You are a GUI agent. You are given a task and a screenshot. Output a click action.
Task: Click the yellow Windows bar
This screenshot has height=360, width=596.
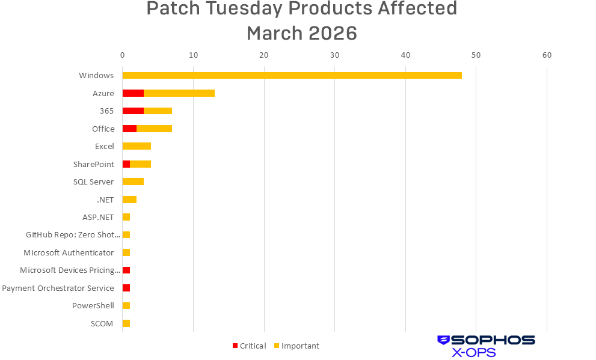click(x=292, y=75)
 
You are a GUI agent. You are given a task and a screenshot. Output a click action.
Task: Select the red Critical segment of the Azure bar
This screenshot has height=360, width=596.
click(x=133, y=93)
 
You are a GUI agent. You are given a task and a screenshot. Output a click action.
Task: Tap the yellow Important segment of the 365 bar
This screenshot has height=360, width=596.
click(x=158, y=111)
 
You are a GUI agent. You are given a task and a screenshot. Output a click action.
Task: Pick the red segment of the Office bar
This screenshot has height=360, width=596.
click(x=129, y=129)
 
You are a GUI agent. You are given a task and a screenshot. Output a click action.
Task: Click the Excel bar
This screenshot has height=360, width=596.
click(x=137, y=146)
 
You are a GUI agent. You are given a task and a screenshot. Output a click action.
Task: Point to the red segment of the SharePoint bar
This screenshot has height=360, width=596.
click(x=126, y=164)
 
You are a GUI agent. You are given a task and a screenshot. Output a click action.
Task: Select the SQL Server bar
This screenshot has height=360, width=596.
click(x=133, y=182)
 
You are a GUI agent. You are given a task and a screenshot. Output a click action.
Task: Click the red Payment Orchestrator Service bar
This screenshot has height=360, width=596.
click(x=126, y=288)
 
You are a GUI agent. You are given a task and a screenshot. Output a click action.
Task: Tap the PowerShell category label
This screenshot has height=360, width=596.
click(x=93, y=306)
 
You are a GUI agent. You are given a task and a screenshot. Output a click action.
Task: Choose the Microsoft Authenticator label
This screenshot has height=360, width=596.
click(x=69, y=252)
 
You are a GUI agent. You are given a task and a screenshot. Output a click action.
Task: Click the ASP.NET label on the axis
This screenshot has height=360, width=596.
click(x=98, y=217)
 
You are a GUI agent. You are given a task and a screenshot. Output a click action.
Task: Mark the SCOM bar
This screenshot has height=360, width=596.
click(x=126, y=323)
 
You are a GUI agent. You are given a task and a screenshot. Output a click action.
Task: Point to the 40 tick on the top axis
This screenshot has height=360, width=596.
click(x=405, y=55)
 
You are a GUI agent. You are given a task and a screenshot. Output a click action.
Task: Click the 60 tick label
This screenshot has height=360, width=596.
click(x=547, y=55)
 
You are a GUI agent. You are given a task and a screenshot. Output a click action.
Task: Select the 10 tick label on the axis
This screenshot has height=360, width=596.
click(x=193, y=55)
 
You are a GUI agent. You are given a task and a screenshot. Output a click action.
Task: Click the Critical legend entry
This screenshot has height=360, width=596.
click(x=249, y=346)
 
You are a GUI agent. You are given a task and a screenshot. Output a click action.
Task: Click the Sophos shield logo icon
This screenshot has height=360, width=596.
click(x=443, y=340)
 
